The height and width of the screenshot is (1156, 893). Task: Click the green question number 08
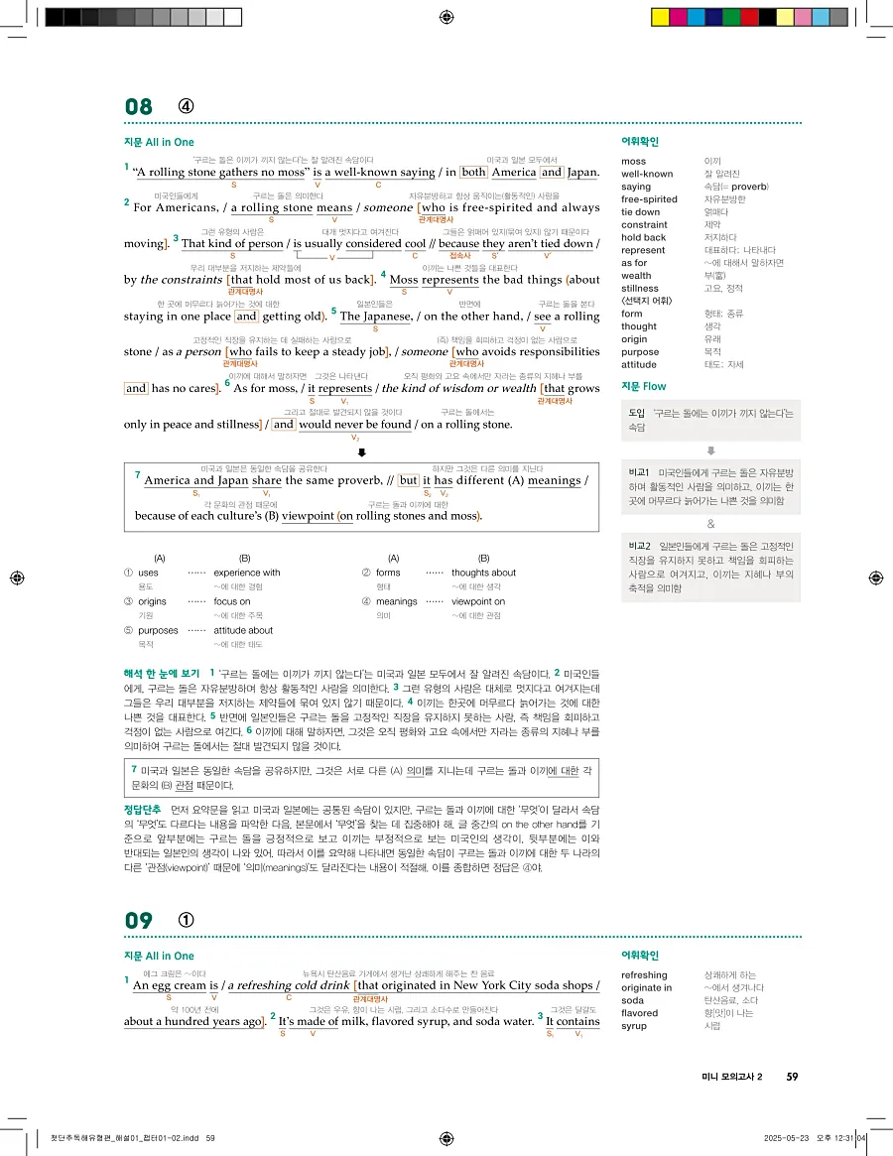click(x=139, y=107)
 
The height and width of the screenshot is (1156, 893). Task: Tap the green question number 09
click(x=139, y=920)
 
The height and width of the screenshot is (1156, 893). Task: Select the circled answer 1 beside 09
click(x=186, y=920)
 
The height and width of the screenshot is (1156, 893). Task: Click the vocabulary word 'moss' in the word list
click(x=633, y=161)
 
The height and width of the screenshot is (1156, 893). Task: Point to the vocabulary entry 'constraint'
click(x=644, y=224)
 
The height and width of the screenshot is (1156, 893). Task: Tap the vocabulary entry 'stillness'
click(x=640, y=289)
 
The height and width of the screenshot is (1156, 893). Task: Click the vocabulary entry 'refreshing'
click(x=644, y=975)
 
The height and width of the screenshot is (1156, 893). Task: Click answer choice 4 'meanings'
click(x=397, y=601)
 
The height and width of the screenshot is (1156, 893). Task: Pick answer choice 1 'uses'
click(x=148, y=573)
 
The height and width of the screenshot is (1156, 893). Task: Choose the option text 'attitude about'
click(x=243, y=630)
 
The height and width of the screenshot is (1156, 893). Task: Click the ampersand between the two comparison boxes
click(x=710, y=524)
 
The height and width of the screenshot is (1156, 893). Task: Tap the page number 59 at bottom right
click(x=792, y=1078)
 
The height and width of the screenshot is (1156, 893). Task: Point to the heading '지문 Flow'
click(x=643, y=386)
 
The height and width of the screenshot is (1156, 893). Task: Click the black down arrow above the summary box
click(x=362, y=451)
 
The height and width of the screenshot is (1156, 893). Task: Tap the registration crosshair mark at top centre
click(x=446, y=17)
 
